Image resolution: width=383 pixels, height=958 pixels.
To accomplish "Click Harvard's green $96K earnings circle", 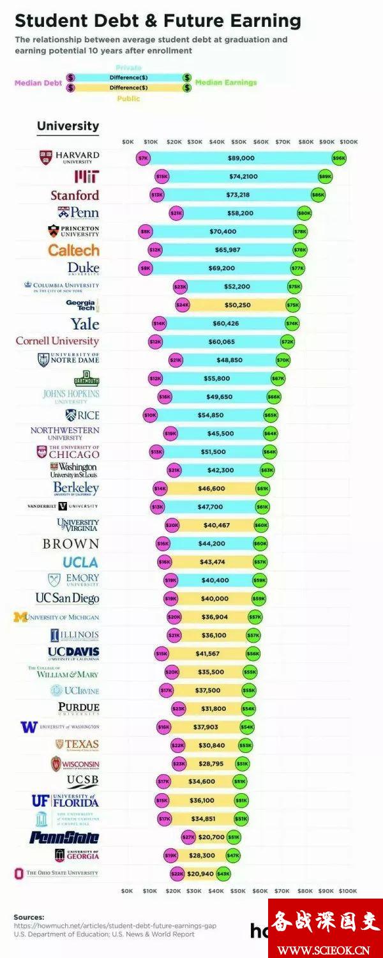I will click(339, 158).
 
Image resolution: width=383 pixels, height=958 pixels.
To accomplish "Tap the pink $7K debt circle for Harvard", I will click(143, 158).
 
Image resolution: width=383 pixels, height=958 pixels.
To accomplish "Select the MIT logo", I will click(86, 176).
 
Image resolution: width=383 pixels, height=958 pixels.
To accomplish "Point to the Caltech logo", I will click(74, 250).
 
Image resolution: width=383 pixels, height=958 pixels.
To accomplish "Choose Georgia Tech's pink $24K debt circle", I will click(183, 305).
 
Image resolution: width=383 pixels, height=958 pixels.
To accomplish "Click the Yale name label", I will click(85, 324).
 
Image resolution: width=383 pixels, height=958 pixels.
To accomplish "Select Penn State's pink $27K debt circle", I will click(188, 837).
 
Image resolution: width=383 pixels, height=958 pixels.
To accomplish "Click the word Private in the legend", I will click(128, 68).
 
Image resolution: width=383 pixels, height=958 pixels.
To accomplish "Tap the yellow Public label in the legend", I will click(128, 98).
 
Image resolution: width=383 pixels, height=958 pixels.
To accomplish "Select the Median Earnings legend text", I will click(226, 83).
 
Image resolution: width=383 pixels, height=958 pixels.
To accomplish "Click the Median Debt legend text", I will click(38, 83).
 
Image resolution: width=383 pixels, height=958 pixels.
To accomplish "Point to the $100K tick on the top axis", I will click(349, 141).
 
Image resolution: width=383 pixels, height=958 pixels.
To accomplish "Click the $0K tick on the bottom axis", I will click(127, 890).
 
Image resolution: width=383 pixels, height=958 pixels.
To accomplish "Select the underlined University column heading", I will click(68, 126).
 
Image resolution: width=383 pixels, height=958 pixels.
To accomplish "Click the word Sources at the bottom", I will click(29, 916).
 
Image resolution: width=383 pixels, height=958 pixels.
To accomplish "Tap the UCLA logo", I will click(80, 562).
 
